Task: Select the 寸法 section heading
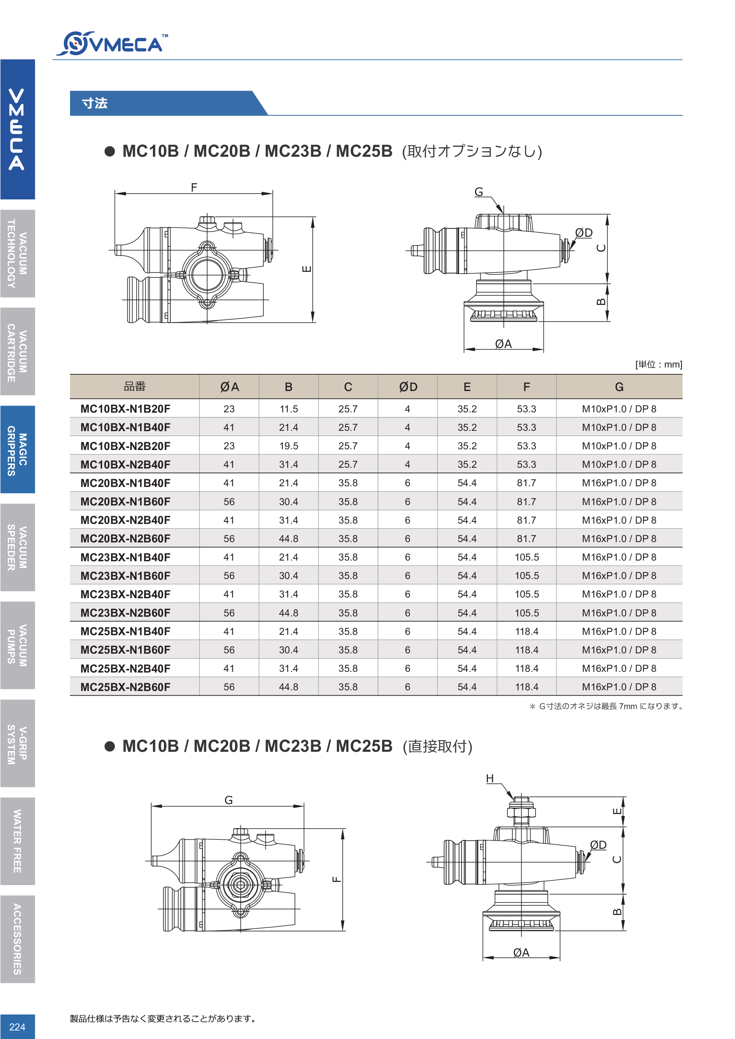[x=95, y=103]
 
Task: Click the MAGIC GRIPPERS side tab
[x=17, y=449]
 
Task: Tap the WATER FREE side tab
[x=17, y=841]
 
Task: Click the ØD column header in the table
[x=408, y=387]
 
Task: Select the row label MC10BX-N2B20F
[x=126, y=446]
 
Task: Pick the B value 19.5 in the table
[x=288, y=446]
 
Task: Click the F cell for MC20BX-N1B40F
[x=526, y=483]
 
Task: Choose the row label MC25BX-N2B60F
[x=126, y=687]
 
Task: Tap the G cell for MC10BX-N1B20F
[x=619, y=409]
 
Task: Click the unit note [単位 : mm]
[x=659, y=365]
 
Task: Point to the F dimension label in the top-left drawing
[x=194, y=187]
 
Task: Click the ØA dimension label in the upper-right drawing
[x=503, y=344]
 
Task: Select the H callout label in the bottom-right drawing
[x=490, y=778]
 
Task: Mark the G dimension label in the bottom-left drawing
[x=229, y=800]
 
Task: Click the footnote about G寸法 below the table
[x=607, y=706]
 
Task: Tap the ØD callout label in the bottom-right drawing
[x=598, y=845]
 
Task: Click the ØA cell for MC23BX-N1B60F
[x=229, y=576]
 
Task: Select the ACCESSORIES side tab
[x=17, y=939]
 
